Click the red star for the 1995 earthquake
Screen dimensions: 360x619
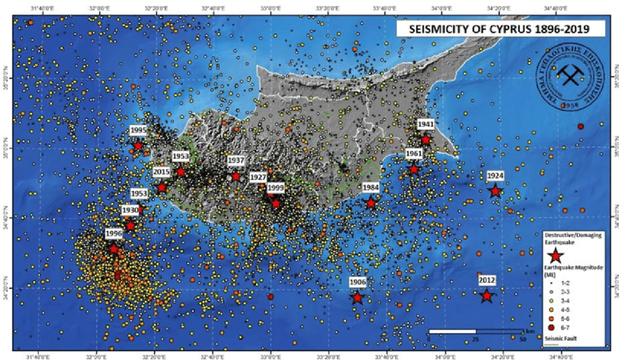tap(138, 146)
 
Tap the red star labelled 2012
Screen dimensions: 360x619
tap(486, 296)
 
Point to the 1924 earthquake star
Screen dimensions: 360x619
tap(495, 191)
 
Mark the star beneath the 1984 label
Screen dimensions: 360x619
tap(371, 203)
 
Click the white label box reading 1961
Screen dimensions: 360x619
tap(414, 154)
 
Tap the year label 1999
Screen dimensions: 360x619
tap(275, 188)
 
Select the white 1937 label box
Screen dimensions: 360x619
tap(236, 160)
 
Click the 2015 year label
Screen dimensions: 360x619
tap(162, 172)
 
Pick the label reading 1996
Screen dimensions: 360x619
tap(114, 233)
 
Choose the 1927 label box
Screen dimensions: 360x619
tap(258, 177)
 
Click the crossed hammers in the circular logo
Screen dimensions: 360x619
tap(566, 74)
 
